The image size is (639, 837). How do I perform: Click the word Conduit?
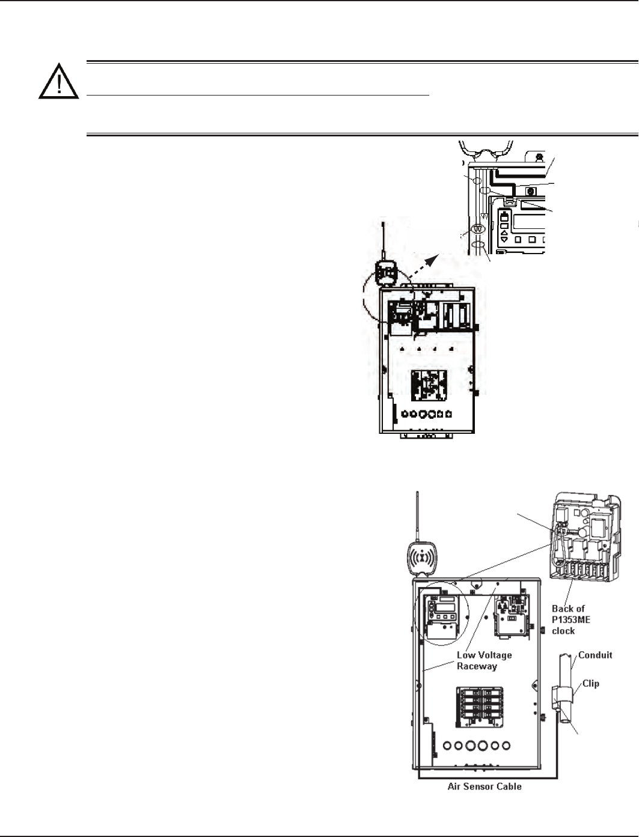click(595, 655)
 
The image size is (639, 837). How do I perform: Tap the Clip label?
click(591, 683)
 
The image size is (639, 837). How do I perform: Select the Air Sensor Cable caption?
click(485, 786)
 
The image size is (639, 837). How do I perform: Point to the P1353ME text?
click(571, 619)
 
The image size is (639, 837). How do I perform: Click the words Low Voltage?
click(485, 655)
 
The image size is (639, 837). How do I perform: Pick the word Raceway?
click(480, 666)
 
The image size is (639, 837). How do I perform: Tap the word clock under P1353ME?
click(563, 631)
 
